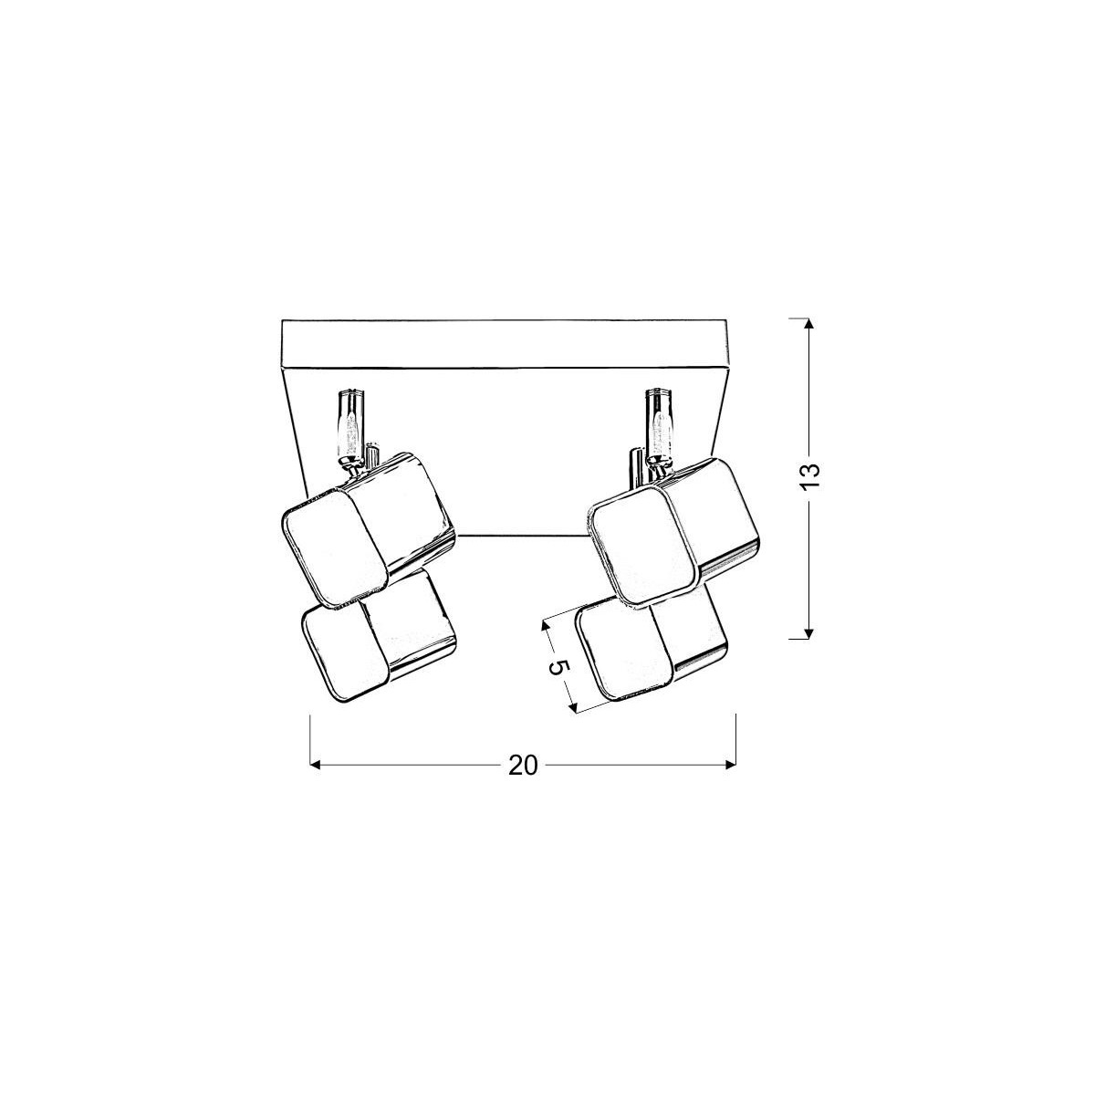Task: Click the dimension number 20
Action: [523, 766]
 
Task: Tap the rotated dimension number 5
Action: [559, 667]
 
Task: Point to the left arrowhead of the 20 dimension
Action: [317, 765]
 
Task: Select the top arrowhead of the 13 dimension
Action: [808, 323]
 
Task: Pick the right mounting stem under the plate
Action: [658, 424]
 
